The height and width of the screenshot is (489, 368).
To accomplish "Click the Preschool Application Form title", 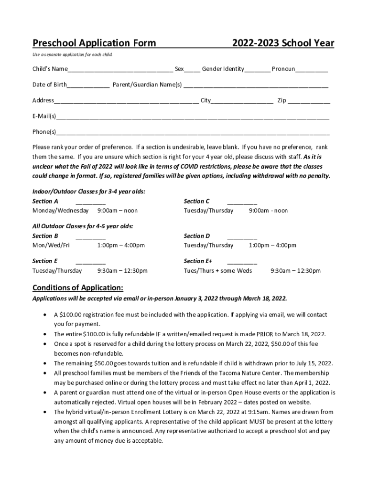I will click(x=94, y=43).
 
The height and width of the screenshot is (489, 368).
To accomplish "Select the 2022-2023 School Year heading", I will click(x=283, y=43).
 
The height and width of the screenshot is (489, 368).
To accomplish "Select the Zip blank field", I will click(x=309, y=101).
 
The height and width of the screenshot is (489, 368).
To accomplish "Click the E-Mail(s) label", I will click(x=44, y=116).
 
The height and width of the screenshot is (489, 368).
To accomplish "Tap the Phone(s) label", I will click(x=44, y=132).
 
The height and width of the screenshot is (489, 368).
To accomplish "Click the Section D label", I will click(x=197, y=236).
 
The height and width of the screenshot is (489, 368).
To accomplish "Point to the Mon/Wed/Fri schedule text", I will click(x=51, y=245).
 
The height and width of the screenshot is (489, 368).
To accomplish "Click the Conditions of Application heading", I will click(x=78, y=287).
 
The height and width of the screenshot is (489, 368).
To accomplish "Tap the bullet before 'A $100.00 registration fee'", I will click(x=44, y=315).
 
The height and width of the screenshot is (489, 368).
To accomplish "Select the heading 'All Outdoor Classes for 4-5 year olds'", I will click(x=83, y=226).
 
